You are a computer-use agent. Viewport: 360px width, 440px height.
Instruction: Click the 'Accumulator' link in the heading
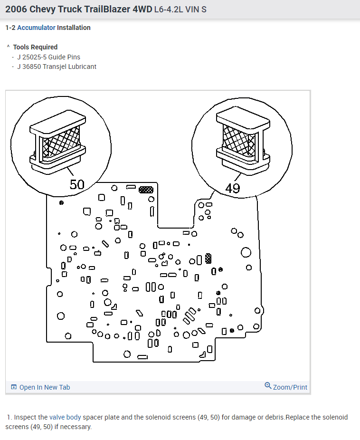36,28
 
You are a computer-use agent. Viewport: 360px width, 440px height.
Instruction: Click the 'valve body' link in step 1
65,417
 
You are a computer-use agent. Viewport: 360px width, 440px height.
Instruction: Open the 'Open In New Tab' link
44,387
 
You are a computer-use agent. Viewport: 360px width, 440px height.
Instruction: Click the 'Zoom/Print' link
290,387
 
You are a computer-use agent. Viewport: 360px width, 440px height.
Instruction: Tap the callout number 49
233,188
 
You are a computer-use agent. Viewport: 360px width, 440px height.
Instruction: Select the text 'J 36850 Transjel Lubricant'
57,67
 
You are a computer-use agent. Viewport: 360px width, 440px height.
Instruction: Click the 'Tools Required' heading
35,47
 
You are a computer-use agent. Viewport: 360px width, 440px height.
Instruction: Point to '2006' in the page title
16,9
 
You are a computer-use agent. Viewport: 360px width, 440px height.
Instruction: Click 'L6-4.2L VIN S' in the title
180,10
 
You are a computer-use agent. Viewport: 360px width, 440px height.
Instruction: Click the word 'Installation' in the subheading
74,28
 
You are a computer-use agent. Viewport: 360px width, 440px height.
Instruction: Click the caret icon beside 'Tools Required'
8,47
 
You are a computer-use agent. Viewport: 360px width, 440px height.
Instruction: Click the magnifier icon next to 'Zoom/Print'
268,386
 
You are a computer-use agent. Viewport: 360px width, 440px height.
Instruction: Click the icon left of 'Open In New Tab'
14,387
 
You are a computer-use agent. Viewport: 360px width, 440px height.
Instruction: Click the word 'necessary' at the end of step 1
77,426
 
